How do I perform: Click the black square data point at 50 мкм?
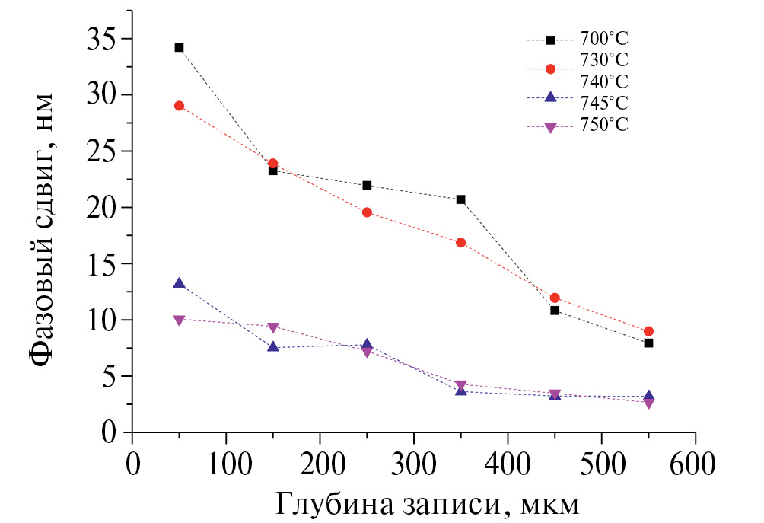pos(179,47)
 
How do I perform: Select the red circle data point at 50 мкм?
pos(179,106)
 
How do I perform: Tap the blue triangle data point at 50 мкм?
pos(179,283)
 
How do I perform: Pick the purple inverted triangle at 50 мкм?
pos(179,320)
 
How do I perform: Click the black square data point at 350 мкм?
pos(460,199)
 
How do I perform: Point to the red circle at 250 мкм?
pos(367,212)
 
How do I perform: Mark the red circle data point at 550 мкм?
pos(648,331)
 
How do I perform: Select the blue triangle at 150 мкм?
pos(272,347)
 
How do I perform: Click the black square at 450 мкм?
pos(555,310)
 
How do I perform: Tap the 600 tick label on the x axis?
pos(695,464)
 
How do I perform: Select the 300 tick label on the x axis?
pos(413,464)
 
